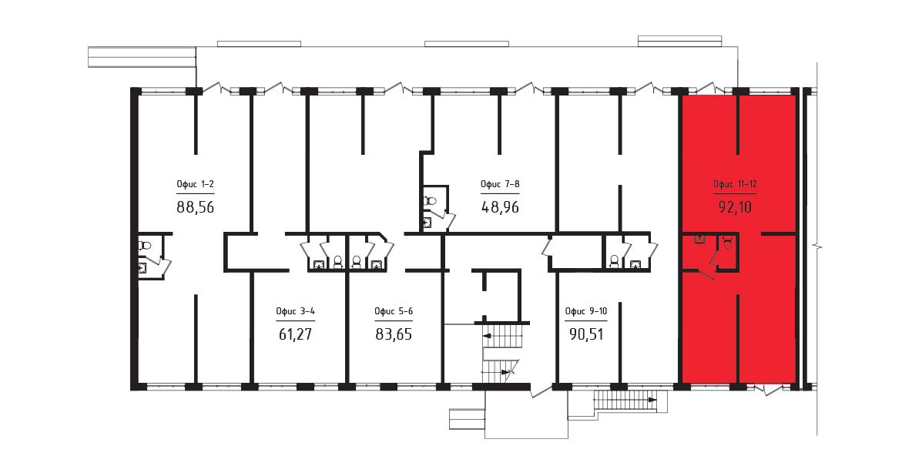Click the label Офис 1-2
[x=195, y=185]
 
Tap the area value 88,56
[x=195, y=206]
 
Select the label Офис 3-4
[x=296, y=311]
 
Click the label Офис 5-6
[x=394, y=311]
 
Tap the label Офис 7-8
[x=500, y=185]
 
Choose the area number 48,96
[x=500, y=206]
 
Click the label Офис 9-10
[x=586, y=311]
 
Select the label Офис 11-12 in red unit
[x=735, y=185]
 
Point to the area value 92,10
[x=735, y=206]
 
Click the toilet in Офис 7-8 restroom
[x=431, y=201]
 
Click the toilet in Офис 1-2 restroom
[x=144, y=246]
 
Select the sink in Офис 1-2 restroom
[x=142, y=267]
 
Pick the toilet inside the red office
[x=726, y=241]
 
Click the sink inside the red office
[x=699, y=239]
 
